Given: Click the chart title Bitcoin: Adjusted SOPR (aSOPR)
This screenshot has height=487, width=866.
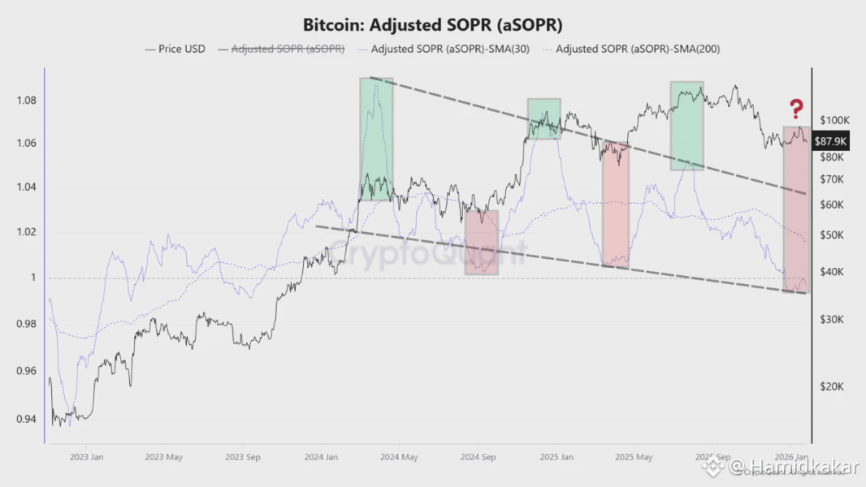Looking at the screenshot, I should point(432,24).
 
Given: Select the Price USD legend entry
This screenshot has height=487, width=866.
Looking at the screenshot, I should point(175,49).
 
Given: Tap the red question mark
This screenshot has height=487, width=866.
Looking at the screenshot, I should point(797,108).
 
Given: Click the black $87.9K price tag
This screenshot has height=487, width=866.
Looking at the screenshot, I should point(831,140).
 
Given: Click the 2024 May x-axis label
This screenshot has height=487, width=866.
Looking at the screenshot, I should point(399,458).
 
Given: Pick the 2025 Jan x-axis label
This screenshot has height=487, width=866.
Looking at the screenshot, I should point(556,458).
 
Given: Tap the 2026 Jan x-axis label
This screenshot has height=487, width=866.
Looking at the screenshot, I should point(790,458).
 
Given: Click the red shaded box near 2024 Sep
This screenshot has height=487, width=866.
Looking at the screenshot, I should point(482,242).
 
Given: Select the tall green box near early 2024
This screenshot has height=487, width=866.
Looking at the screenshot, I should point(376,139).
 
